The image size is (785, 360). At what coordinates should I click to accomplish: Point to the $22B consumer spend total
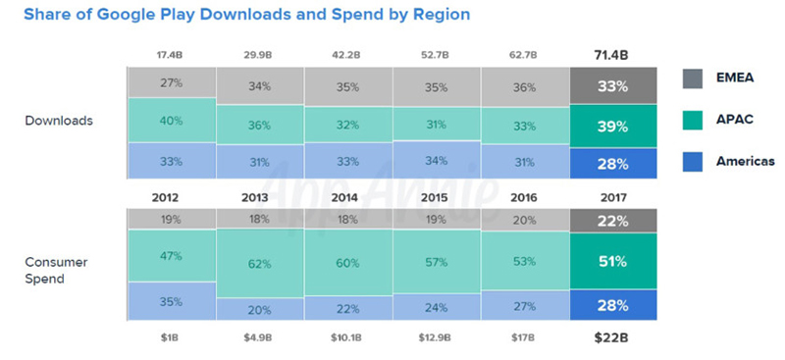613,338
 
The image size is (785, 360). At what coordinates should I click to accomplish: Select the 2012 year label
171,195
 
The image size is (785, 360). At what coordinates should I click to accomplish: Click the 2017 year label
613,195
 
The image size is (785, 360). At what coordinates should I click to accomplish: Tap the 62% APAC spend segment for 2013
259,264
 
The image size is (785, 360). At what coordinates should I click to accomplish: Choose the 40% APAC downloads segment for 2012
171,121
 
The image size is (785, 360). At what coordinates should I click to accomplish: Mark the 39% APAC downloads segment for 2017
613,127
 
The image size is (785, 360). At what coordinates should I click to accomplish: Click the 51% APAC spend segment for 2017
613,262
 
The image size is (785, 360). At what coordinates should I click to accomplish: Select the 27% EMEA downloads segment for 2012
171,84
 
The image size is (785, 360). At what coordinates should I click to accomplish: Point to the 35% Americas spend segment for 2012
171,301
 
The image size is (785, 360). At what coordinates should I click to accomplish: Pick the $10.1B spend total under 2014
347,338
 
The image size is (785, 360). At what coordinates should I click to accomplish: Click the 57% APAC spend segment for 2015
436,263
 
